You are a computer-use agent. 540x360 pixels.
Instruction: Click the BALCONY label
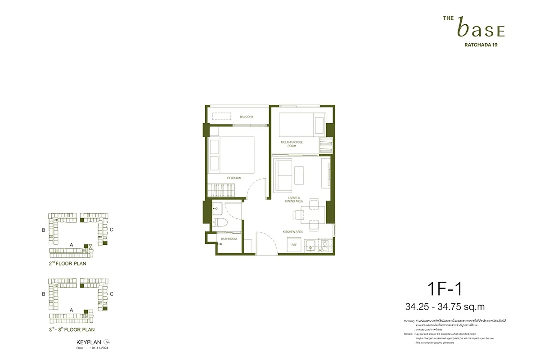click(246, 117)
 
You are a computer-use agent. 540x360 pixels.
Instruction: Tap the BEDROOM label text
click(234, 178)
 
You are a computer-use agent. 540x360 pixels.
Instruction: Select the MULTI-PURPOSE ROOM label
click(292, 144)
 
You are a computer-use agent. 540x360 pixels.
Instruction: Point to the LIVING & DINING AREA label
click(295, 199)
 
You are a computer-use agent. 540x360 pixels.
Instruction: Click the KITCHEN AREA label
click(292, 232)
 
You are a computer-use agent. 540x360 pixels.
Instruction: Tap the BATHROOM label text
click(229, 239)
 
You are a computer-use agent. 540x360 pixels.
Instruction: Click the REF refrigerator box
click(294, 245)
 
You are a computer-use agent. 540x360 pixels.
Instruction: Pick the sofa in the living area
click(282, 175)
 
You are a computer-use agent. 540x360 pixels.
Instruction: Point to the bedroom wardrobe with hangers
click(221, 189)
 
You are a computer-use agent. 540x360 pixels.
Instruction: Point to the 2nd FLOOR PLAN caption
click(67, 264)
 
